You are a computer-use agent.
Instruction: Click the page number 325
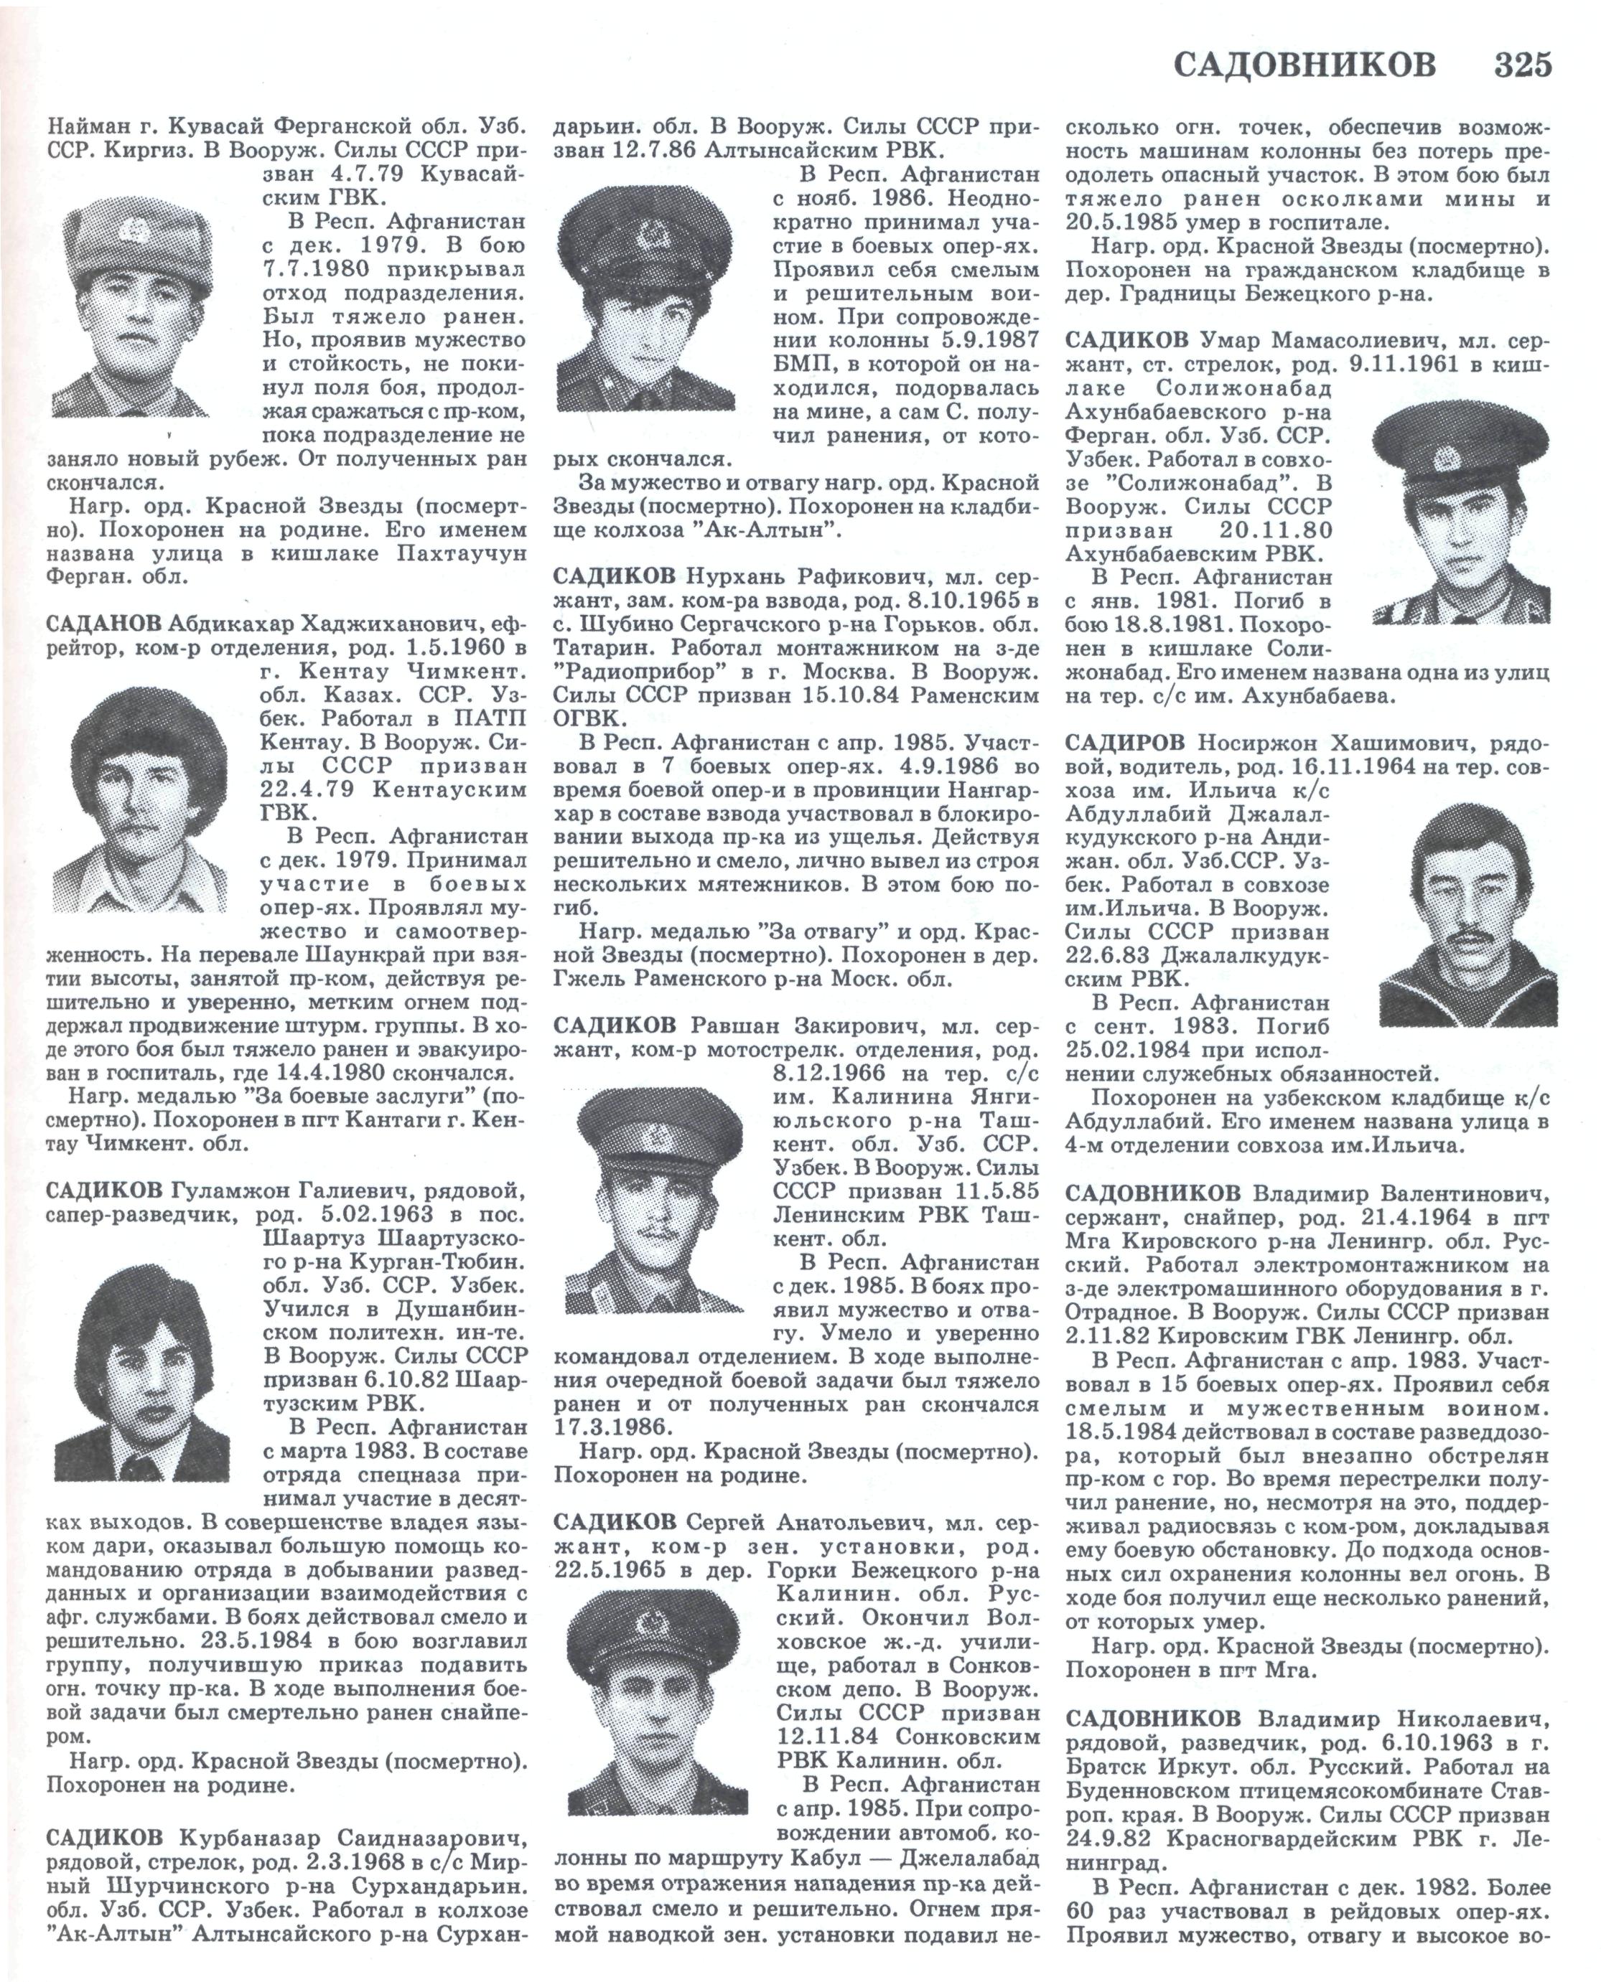(x=1523, y=65)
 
